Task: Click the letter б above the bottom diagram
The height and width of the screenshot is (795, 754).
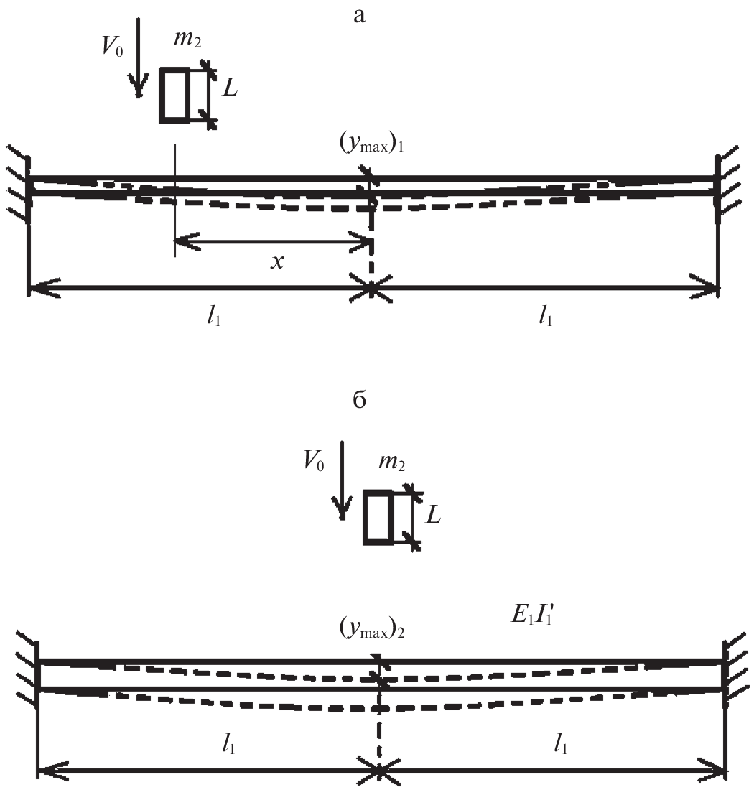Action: pyautogui.click(x=360, y=400)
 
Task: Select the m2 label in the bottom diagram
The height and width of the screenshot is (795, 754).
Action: pyautogui.click(x=391, y=465)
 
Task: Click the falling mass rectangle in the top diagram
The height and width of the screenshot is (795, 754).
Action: pyautogui.click(x=174, y=94)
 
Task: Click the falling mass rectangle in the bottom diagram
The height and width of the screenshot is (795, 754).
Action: pyautogui.click(x=378, y=516)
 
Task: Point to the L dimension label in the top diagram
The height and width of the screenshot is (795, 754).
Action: pyautogui.click(x=230, y=89)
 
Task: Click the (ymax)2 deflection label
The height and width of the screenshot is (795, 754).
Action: pyautogui.click(x=377, y=629)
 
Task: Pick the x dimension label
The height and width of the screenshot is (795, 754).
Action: pyautogui.click(x=277, y=262)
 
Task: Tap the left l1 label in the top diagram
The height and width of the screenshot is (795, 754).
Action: pyautogui.click(x=214, y=317)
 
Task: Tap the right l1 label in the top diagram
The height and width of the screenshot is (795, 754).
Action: pyautogui.click(x=546, y=317)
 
